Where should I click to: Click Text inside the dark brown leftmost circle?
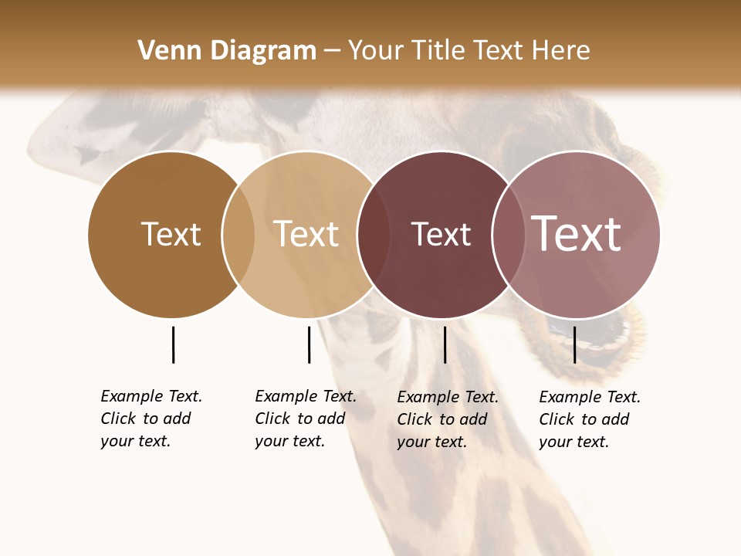171,234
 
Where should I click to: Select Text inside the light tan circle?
306,234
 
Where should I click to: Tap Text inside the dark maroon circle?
441,234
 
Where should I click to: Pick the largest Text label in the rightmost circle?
577,234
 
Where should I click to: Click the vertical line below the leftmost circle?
173,344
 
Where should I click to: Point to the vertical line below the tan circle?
309,344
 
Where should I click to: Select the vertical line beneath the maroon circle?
445,344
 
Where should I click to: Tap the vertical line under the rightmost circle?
574,344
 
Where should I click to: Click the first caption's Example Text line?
151,396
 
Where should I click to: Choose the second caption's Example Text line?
306,396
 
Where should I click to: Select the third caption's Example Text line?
448,397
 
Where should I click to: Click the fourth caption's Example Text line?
590,397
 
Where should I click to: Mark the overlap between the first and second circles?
239,234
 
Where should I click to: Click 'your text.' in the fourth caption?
574,442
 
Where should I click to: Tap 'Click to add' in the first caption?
145,419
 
